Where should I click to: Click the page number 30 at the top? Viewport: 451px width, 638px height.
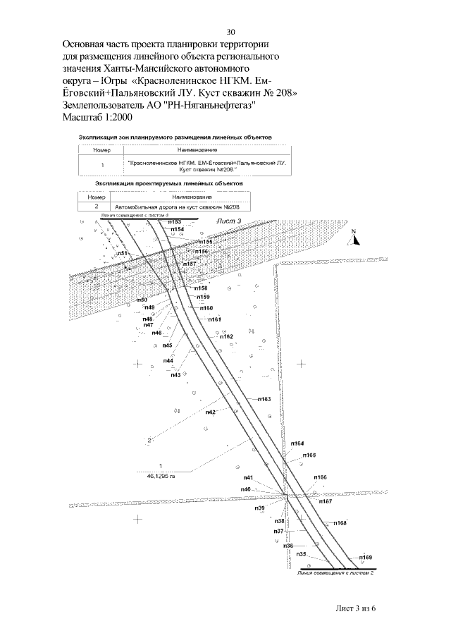click(230, 32)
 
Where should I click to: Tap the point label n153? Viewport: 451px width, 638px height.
click(174, 221)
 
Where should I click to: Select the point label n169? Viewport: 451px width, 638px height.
click(364, 557)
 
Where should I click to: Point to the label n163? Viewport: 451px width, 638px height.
click(264, 399)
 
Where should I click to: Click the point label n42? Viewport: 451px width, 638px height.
click(210, 412)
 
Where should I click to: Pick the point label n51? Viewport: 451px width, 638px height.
click(122, 253)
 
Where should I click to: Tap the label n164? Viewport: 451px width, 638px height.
click(297, 443)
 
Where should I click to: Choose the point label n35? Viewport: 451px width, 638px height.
click(301, 554)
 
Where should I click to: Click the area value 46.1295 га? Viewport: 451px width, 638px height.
click(160, 475)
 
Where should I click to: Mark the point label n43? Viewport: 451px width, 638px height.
click(175, 374)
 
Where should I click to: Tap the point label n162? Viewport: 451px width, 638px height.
click(226, 336)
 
